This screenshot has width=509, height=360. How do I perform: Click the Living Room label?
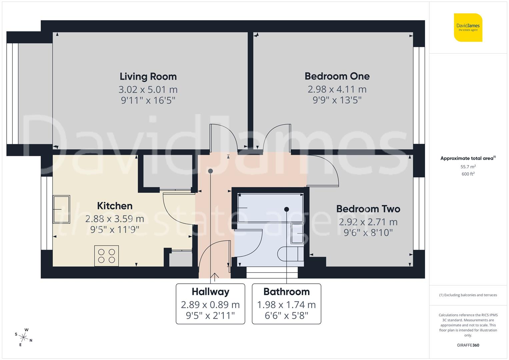point(148,76)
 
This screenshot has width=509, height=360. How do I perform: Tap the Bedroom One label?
point(337,76)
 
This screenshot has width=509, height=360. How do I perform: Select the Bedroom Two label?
point(368,209)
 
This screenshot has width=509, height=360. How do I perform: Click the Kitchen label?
point(115,206)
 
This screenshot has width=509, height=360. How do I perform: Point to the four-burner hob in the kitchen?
point(107,256)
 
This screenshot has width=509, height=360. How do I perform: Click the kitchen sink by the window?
point(62,209)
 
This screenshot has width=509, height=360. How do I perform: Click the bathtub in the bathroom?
point(270,208)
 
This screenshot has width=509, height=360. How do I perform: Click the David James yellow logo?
point(468,27)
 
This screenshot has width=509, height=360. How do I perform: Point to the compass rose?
point(23,337)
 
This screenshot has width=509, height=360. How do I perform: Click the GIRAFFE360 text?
point(468,345)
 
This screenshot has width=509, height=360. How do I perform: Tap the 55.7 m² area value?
point(468,167)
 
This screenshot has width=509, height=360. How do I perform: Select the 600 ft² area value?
point(468,174)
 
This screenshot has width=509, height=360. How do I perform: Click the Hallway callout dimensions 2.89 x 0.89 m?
point(210,305)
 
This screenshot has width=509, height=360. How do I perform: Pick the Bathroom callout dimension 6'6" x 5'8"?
point(286,315)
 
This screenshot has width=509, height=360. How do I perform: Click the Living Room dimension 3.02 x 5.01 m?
point(148,90)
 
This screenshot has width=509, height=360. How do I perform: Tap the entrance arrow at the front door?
point(215,276)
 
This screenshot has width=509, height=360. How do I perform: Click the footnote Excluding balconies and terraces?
point(468,295)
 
